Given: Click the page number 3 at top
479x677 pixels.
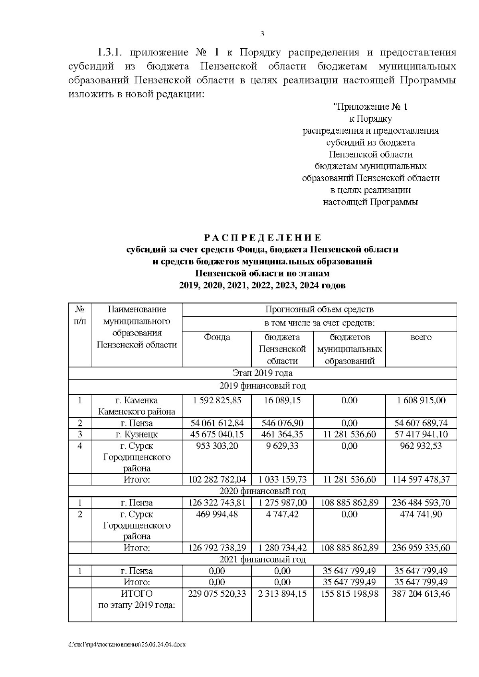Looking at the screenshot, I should [x=262, y=34].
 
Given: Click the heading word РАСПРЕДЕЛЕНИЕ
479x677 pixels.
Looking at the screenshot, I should [x=262, y=238].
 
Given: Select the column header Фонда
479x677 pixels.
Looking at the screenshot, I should [x=217, y=338].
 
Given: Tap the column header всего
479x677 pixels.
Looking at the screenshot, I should [x=421, y=338].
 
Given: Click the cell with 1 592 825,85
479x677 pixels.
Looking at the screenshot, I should [x=217, y=401].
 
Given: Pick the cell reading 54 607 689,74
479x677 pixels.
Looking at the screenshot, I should [x=421, y=423].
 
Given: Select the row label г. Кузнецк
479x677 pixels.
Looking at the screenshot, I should [x=137, y=434].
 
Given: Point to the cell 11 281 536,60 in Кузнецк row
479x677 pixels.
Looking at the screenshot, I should [x=349, y=434].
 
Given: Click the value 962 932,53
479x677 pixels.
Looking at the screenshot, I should [x=421, y=446].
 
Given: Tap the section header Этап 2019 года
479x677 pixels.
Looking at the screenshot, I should [x=262, y=373].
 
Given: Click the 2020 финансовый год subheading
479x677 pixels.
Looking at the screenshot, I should [x=262, y=491].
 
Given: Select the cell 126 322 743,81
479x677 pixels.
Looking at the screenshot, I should [x=217, y=503].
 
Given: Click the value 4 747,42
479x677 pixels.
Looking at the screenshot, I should [x=282, y=514].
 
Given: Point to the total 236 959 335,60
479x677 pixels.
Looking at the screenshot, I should [x=421, y=548].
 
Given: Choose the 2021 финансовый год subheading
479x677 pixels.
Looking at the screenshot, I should [x=262, y=559].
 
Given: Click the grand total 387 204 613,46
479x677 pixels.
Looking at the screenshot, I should [x=421, y=594].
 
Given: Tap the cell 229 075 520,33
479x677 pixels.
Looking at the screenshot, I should [x=217, y=594].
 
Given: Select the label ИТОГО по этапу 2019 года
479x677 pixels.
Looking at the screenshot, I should [x=137, y=600].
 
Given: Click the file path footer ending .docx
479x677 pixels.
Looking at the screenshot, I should [x=127, y=644].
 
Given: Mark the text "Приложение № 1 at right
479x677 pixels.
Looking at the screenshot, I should [x=370, y=107].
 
